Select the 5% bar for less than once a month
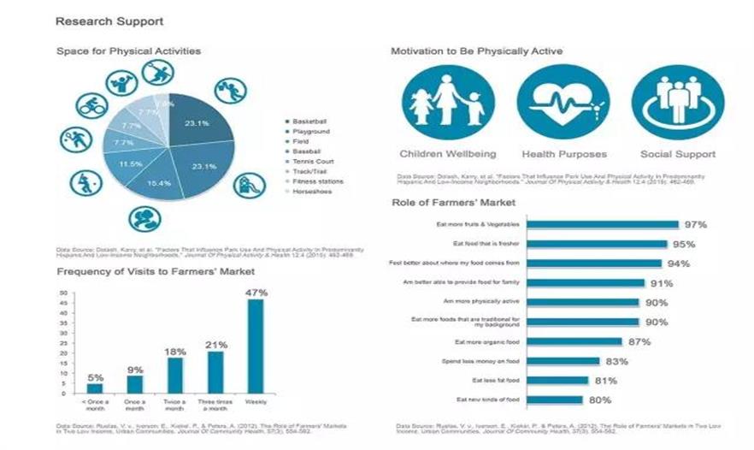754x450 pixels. click(x=95, y=388)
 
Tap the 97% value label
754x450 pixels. click(x=695, y=225)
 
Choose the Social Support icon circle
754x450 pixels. click(x=678, y=103)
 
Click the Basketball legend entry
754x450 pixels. click(x=309, y=122)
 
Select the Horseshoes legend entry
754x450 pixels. click(x=312, y=191)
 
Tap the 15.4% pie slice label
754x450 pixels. click(x=159, y=183)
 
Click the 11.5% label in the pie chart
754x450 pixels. click(x=130, y=163)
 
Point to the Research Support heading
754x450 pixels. click(x=109, y=21)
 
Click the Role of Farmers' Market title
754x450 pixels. click(x=454, y=203)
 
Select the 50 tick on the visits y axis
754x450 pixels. click(x=63, y=293)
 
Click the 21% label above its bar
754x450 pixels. click(x=215, y=345)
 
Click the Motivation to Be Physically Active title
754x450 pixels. click(x=476, y=51)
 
